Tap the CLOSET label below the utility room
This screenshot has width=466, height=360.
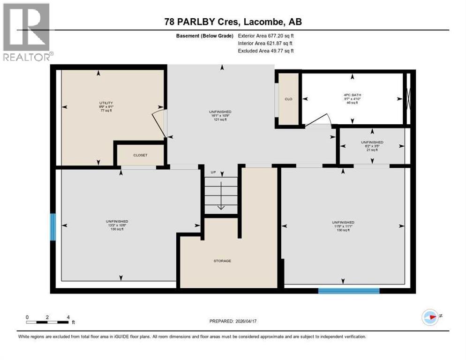point(140,155)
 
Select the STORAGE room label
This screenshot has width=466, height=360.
point(222,261)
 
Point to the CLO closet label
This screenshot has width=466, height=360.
point(288,99)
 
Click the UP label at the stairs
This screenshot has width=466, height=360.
point(213,172)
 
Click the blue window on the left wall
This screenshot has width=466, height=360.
point(53,227)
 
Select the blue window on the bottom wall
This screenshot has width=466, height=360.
point(348,291)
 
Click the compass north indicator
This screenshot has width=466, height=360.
point(430,317)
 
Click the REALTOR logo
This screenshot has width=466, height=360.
point(27,32)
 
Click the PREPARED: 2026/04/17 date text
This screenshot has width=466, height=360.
point(234,322)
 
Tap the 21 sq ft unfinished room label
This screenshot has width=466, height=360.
point(372,146)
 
